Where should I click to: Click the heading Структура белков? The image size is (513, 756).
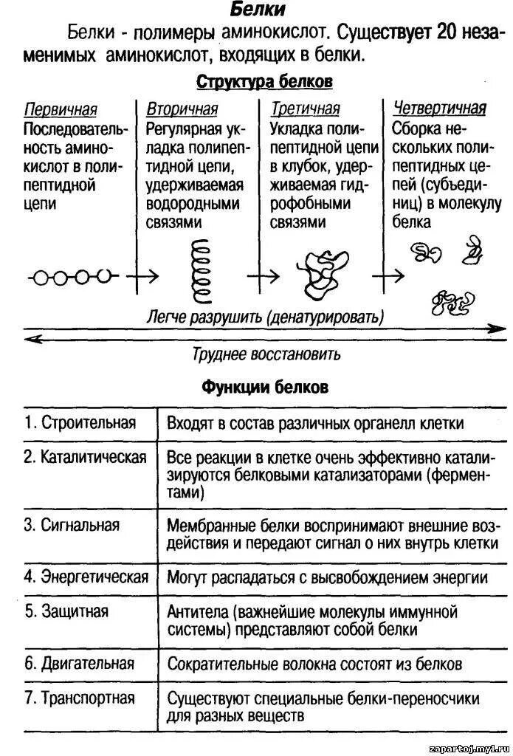(x=264, y=80)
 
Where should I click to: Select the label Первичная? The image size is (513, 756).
(x=61, y=109)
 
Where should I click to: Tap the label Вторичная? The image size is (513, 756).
(x=182, y=109)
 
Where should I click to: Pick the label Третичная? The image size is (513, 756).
(x=305, y=109)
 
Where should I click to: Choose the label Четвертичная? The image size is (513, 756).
(x=439, y=109)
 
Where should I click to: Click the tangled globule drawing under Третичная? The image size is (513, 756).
(x=321, y=269)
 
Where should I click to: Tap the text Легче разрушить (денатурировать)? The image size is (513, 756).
(x=264, y=317)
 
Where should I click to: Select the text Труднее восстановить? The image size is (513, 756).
(x=266, y=354)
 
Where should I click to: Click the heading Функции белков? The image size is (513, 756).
(x=265, y=387)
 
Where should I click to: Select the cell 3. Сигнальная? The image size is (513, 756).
(x=72, y=526)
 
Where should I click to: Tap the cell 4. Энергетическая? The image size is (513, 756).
(x=86, y=577)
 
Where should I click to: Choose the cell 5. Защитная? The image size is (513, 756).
(x=66, y=611)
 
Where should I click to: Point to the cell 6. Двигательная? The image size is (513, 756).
(x=80, y=663)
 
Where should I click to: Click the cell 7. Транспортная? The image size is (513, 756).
(x=79, y=698)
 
